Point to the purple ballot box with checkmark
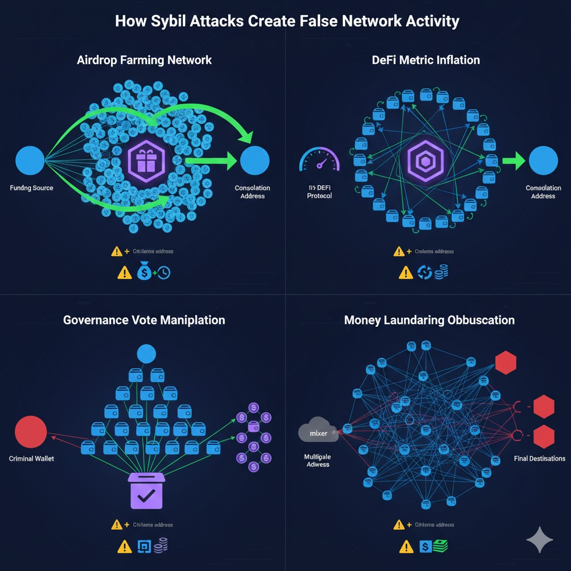pyautogui.click(x=146, y=491)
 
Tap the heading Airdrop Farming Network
pyautogui.click(x=144, y=60)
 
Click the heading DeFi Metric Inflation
pyautogui.click(x=425, y=60)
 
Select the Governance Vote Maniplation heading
pyautogui.click(x=144, y=320)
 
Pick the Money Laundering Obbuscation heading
pyautogui.click(x=429, y=320)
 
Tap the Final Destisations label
pyautogui.click(x=539, y=458)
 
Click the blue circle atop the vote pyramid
pyautogui.click(x=146, y=353)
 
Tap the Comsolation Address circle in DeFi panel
pyautogui.click(x=543, y=161)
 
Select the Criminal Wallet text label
pyautogui.click(x=32, y=458)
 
